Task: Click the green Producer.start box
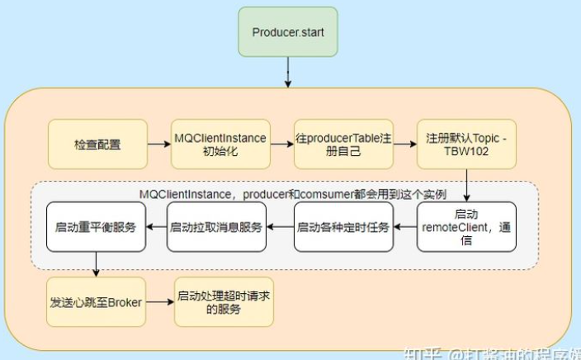coord(287,31)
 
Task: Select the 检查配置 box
coord(97,144)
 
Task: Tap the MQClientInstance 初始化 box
coord(220,144)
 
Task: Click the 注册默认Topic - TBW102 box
coord(467,144)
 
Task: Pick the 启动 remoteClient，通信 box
coord(467,226)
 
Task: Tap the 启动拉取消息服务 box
coord(216,226)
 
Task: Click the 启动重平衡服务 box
coord(96,226)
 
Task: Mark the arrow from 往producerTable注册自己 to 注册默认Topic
coord(404,144)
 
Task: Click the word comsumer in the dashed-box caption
coord(315,194)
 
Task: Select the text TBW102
coord(467,153)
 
